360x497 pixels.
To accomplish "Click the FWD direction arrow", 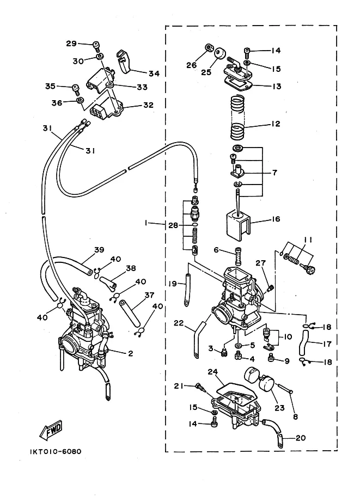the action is click(x=51, y=431).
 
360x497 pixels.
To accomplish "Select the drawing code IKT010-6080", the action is click(x=56, y=451).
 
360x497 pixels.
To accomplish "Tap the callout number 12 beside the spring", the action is click(x=276, y=124).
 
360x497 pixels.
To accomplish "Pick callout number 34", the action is click(x=154, y=73).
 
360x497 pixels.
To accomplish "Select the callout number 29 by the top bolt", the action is click(x=71, y=44).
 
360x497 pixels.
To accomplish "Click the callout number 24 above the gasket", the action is click(x=213, y=372).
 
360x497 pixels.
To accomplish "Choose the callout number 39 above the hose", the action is click(x=99, y=250).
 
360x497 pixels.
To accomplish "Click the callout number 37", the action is click(x=149, y=295).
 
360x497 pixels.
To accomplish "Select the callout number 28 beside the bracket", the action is click(x=173, y=225).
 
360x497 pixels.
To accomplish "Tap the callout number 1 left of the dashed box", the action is click(x=145, y=223).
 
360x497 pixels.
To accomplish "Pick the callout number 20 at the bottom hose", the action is click(x=301, y=438).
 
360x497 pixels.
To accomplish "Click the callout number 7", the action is click(x=274, y=173).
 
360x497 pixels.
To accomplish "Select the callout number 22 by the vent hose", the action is click(x=179, y=323).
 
